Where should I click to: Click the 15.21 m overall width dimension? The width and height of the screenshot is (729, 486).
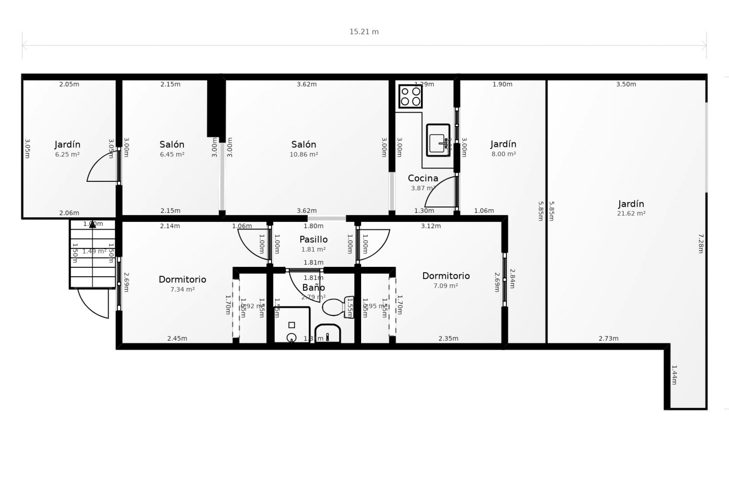(x=364, y=32)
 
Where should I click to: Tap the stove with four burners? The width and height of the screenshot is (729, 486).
(x=410, y=96)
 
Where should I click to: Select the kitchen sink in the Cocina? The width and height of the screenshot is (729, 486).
(x=438, y=140)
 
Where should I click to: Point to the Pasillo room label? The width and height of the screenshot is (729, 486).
(x=313, y=240)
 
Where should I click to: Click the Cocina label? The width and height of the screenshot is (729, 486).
(x=423, y=178)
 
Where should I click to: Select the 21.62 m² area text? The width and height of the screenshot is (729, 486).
(x=631, y=213)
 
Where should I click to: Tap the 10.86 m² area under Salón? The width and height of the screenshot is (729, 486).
(x=303, y=155)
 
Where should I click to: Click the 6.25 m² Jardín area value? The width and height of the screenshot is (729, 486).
(x=67, y=155)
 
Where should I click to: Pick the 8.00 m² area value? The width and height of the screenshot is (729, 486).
(x=503, y=154)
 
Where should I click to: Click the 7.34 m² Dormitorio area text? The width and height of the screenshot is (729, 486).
(x=182, y=289)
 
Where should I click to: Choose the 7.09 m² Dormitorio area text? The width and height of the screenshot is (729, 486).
(x=445, y=286)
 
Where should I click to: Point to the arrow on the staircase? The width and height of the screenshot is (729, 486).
(x=92, y=225)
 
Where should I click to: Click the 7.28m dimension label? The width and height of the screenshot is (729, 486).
(x=701, y=243)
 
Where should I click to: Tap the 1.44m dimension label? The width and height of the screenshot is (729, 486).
(x=674, y=375)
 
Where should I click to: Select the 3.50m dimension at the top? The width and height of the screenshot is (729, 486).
(x=626, y=84)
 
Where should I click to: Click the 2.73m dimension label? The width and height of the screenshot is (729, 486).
(x=608, y=339)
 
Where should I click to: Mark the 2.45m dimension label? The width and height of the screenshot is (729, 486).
(x=177, y=339)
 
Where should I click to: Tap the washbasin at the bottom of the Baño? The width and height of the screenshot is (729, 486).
(x=327, y=334)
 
